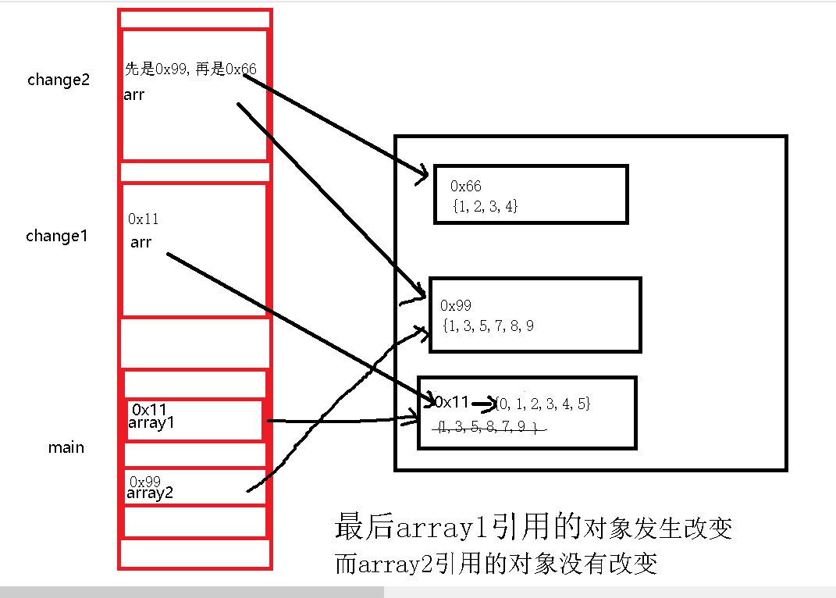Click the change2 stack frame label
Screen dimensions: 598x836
59,80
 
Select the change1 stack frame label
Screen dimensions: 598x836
57,236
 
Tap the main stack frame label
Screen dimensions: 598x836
66,447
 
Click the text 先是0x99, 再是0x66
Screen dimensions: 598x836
190,69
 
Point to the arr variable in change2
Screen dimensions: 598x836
134,95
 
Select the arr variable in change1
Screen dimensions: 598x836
141,242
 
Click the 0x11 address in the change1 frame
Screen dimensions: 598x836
143,219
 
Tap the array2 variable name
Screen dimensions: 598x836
150,493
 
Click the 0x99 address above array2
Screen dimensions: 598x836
144,481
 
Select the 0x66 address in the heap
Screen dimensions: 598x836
466,186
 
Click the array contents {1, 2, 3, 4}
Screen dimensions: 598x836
485,206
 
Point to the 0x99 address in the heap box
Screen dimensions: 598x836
456,305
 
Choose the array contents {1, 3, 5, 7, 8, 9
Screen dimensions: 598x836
487,326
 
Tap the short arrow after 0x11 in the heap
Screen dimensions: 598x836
484,404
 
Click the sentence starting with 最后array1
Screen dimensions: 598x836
533,529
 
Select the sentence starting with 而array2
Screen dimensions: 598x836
496,563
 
